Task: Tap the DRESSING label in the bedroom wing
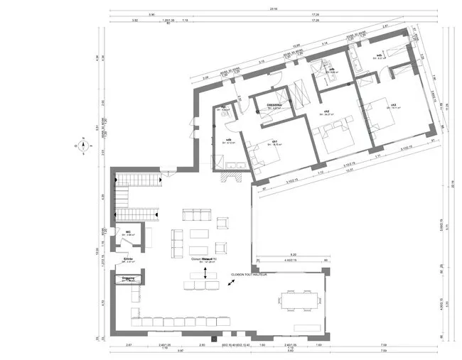[274, 104]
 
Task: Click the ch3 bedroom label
[392, 106]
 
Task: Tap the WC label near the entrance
[129, 232]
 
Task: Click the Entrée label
[129, 259]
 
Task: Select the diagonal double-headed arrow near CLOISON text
[230, 283]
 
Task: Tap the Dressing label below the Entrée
[129, 278]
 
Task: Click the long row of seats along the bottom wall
[178, 322]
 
